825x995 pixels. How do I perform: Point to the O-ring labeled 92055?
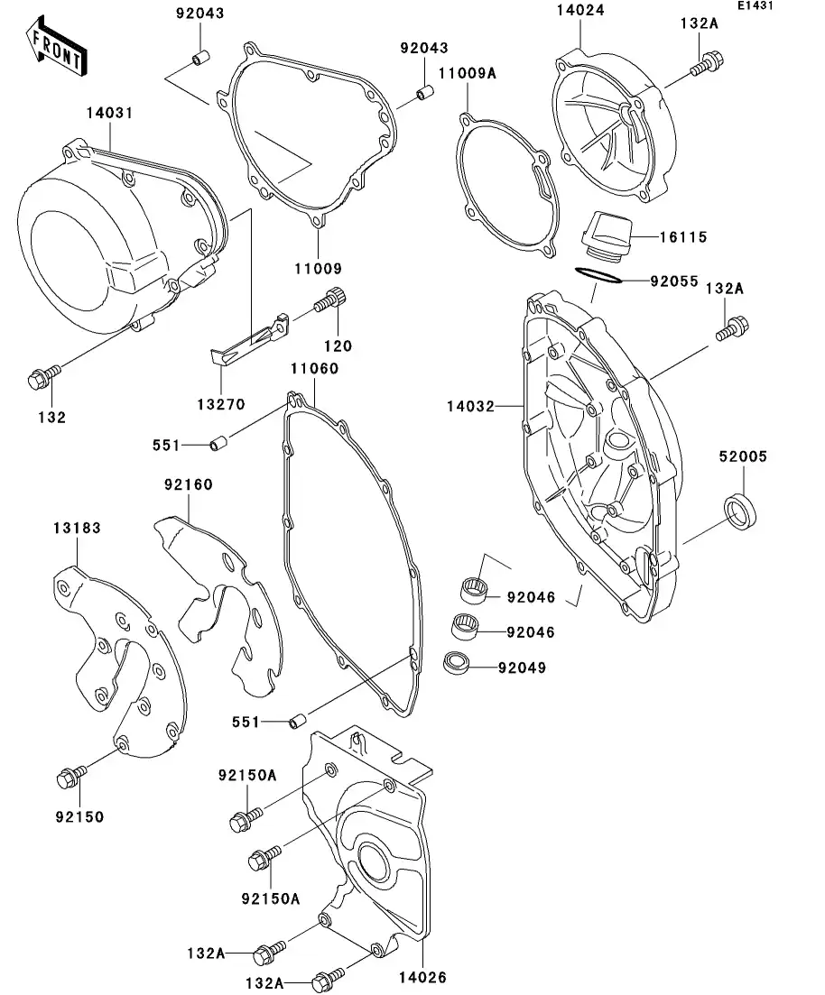(x=598, y=274)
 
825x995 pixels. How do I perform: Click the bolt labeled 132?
(x=43, y=378)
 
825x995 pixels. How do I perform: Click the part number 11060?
(x=314, y=368)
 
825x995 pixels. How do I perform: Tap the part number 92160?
(x=188, y=484)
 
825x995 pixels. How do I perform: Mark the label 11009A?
(x=468, y=74)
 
